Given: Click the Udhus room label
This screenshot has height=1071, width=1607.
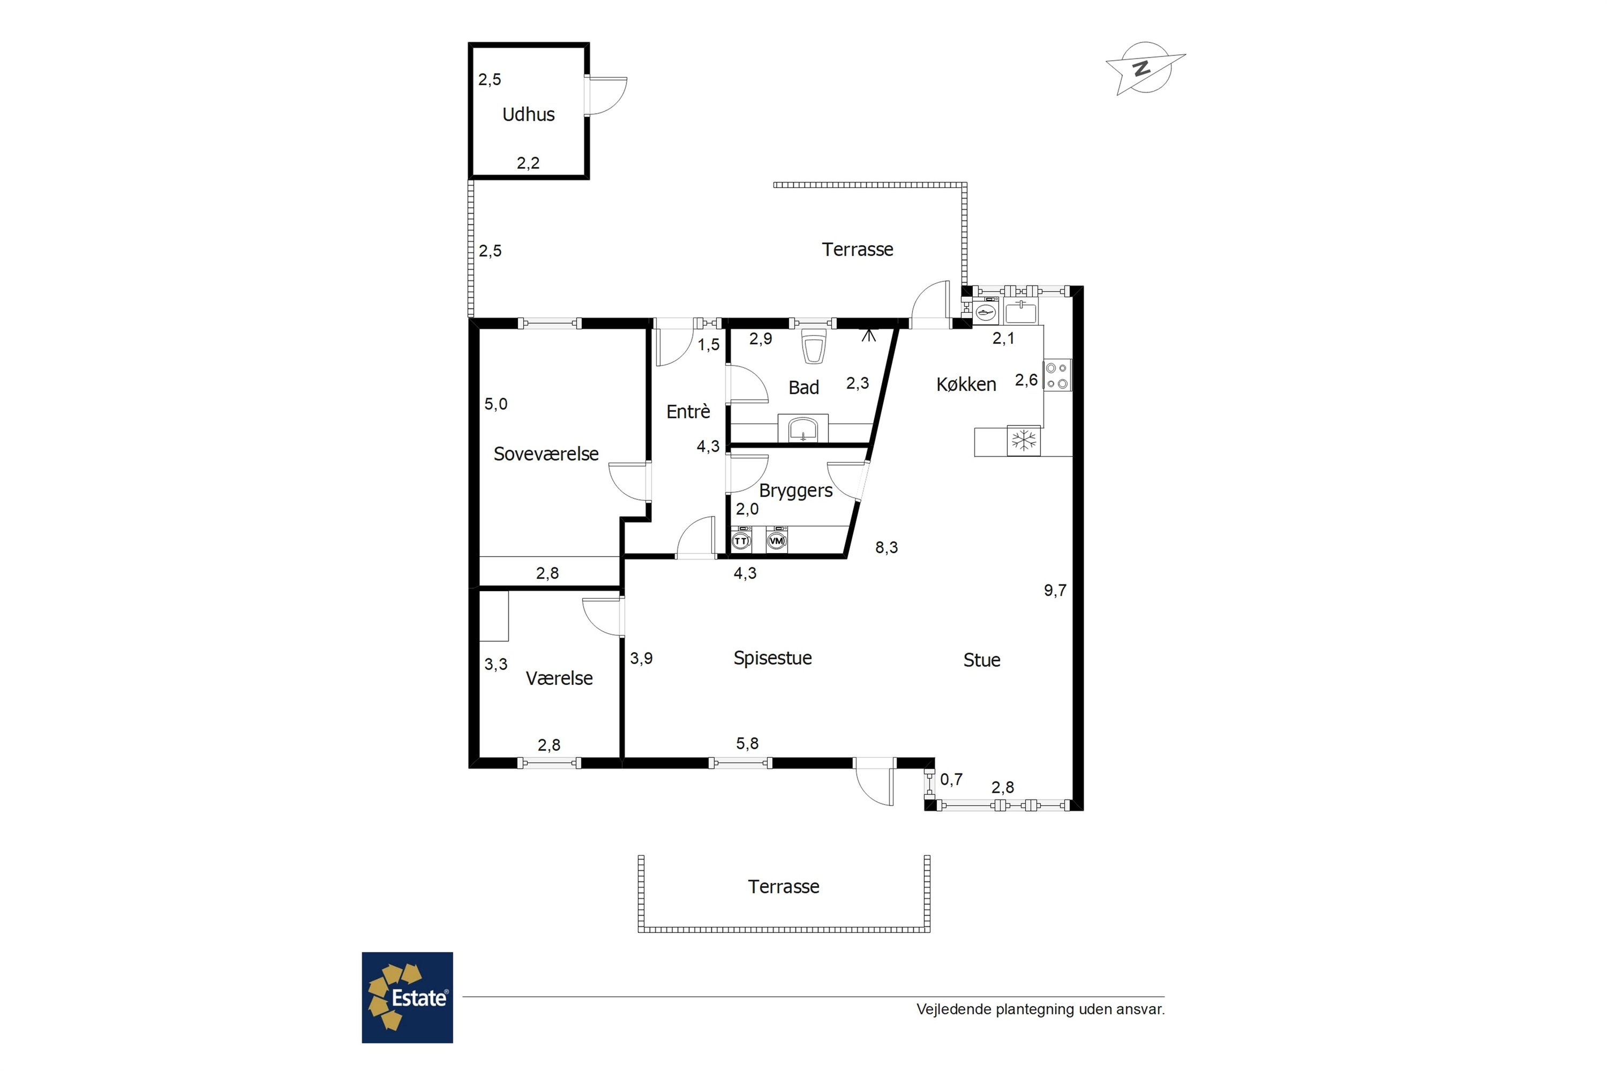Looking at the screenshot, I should coord(528,114).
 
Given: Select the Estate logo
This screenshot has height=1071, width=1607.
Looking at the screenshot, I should coord(407,997).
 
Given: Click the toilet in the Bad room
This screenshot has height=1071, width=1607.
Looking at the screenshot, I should coord(814,346).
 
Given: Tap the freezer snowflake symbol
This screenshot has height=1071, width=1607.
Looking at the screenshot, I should coord(1024,441).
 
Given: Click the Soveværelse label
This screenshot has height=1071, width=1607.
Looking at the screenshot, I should coord(546,454).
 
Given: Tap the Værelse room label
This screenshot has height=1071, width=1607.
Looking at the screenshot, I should coord(559,678).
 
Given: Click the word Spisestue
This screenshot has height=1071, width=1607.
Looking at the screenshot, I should coord(773,658).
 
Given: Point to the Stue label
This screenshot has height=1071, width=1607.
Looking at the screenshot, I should coord(982,660).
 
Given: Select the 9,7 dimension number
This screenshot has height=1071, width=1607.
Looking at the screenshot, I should coord(1055,590).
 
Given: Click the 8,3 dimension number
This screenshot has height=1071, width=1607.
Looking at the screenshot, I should coord(886,548).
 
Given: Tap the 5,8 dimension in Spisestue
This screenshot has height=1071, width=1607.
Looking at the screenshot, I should coord(747,743).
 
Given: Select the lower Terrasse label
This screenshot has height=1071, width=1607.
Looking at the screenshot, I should coord(784,887).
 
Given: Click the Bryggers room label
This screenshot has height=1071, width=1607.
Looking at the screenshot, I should coord(795,491).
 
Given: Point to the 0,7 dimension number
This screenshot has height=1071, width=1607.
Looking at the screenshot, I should coord(951,779).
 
